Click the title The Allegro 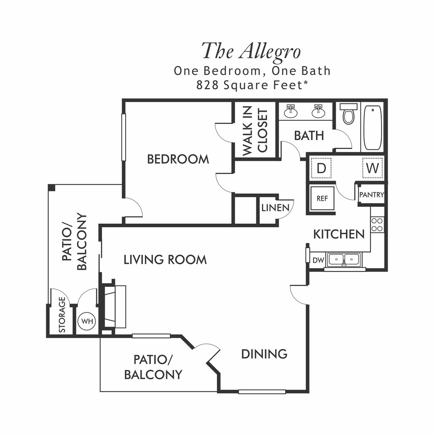251,52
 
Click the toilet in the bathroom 349,114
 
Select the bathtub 373,128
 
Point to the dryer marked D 321,168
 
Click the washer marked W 373,168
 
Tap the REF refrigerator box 322,198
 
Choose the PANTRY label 371,195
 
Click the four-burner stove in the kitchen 377,225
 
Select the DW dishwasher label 318,261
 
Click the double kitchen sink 344,260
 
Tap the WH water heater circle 87,321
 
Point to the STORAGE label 62,315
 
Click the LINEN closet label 275,208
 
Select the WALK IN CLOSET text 255,131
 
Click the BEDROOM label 178,159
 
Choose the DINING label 264,354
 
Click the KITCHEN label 339,235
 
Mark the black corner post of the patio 52,187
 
